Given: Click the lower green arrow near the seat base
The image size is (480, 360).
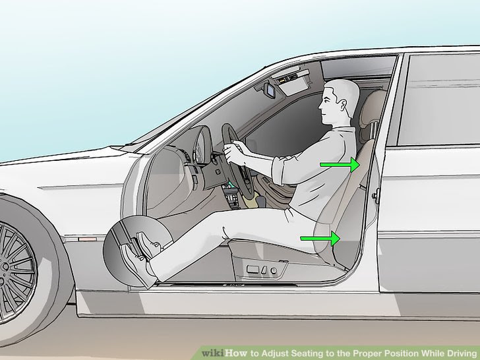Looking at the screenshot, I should click(x=320, y=238).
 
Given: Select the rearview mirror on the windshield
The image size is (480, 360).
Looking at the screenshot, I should click(x=271, y=90).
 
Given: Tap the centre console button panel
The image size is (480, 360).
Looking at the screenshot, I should click(x=231, y=195).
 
